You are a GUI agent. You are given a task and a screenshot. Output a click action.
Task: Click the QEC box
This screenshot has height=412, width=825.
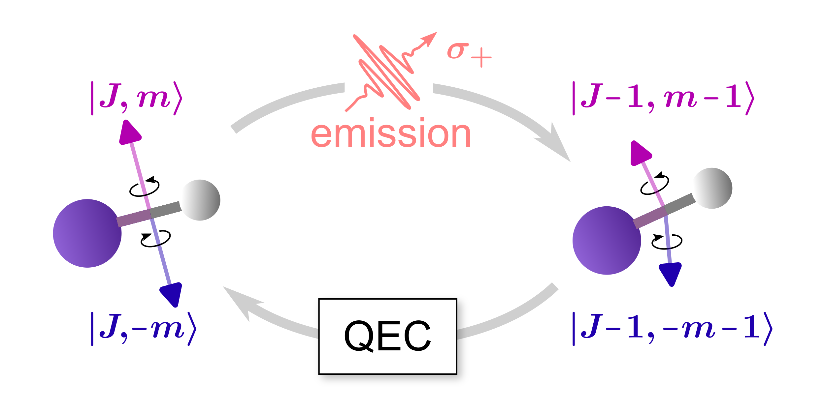387,337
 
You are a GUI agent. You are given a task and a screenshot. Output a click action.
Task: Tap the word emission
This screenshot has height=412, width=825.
391,133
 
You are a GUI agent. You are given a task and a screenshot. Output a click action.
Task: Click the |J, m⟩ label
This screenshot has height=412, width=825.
136,98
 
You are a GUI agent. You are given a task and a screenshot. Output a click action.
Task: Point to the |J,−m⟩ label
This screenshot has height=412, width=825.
144,329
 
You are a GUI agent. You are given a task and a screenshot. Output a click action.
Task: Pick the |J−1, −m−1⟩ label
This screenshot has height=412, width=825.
672,329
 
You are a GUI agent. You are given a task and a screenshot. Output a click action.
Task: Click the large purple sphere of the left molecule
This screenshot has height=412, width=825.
87,233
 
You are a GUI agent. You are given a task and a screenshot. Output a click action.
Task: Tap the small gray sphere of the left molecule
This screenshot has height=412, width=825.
200,200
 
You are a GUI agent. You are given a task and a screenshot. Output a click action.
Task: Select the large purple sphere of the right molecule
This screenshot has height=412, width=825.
607,240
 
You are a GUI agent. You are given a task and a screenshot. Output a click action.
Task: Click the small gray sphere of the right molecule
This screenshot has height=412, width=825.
712,188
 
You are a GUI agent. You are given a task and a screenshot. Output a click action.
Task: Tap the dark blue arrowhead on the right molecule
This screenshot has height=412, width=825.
671,273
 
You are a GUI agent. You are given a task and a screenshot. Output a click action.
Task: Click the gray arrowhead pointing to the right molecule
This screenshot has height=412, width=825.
556,143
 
